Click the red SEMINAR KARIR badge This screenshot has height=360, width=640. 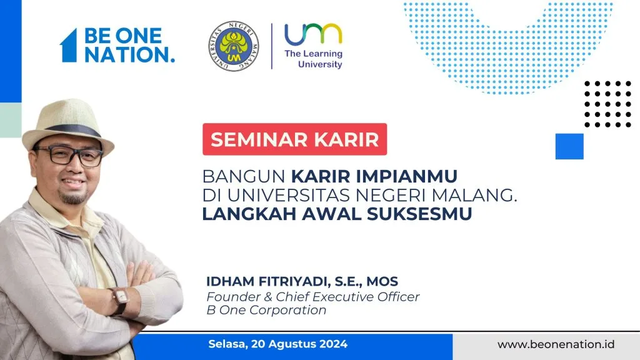pos(295,139)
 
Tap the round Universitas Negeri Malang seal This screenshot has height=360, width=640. pos(234,46)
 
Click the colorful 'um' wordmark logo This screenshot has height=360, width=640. pos(314,34)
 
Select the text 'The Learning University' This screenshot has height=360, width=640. pos(314,59)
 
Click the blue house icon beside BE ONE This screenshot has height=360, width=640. pos(69,45)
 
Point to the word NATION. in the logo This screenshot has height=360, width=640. pos(130,55)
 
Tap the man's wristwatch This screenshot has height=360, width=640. pos(120,301)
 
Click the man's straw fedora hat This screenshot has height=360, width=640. pos(67,124)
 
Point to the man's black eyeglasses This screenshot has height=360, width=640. pos(69,156)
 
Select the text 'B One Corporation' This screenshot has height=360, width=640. pos(266,310)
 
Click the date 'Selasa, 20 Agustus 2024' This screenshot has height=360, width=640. pos(278,344)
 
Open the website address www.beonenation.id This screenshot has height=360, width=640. pos(556,344)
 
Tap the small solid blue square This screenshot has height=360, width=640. pos(569,146)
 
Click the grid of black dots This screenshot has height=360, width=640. pos(607,104)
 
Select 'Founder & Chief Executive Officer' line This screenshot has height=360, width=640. pos(313,297)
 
